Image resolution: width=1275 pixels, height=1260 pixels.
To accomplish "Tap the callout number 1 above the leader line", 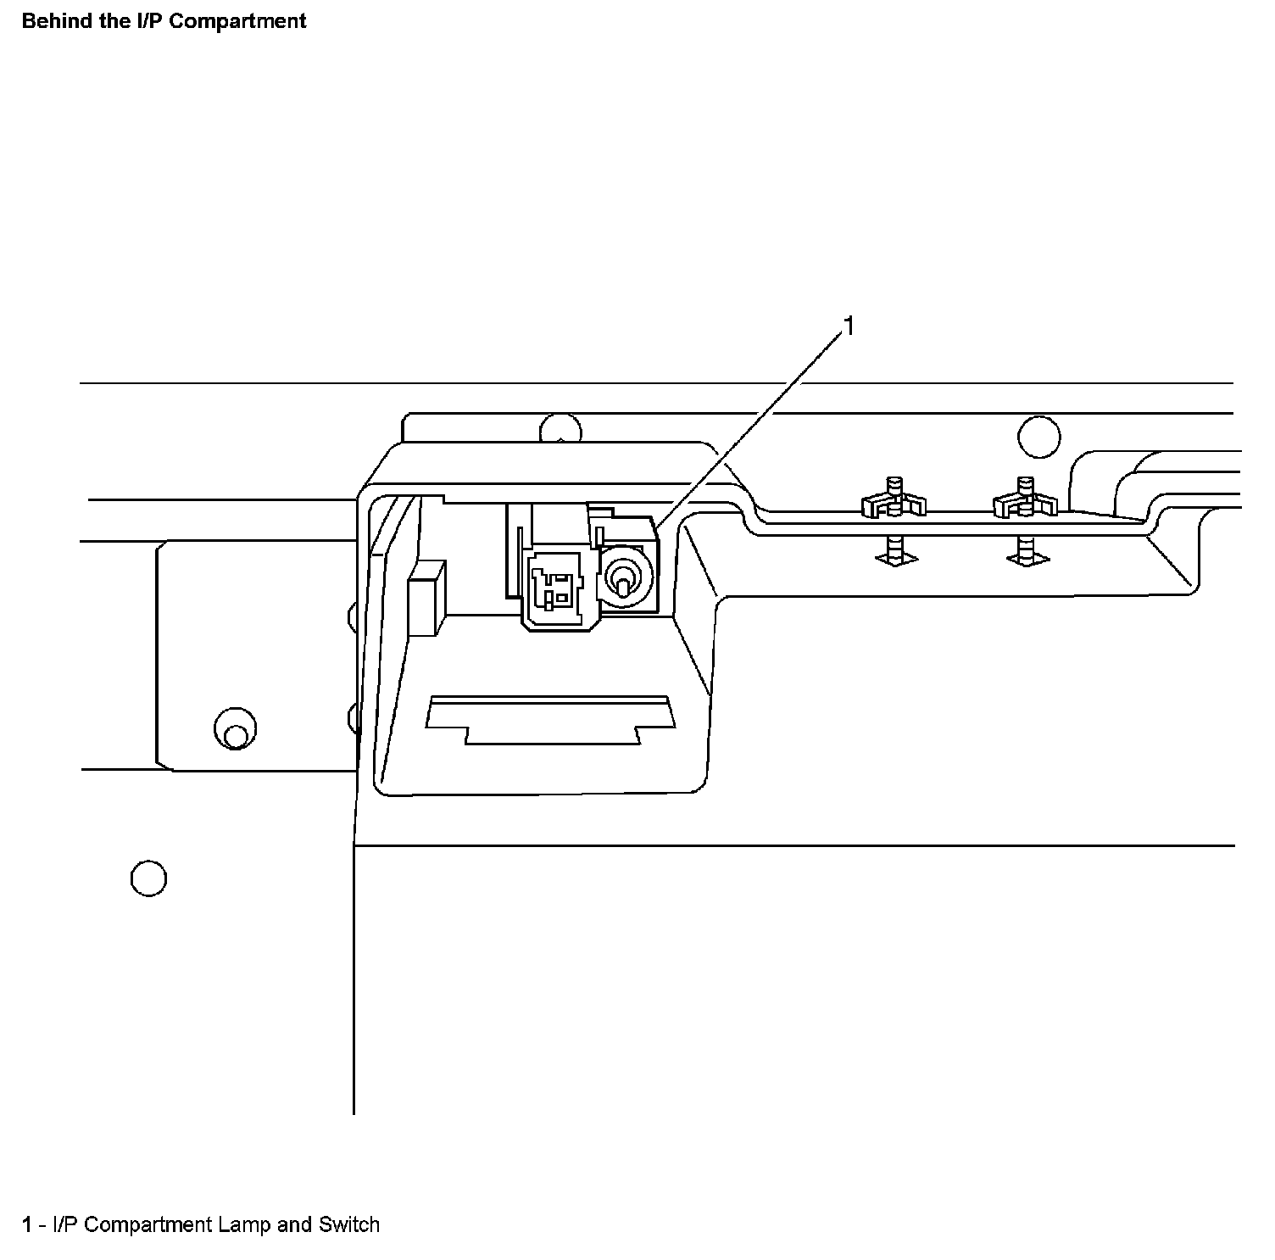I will coord(849,326).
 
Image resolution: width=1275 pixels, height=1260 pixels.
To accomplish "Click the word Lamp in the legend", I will coord(244,1224).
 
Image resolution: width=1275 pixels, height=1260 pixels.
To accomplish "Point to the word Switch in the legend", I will coord(349,1224).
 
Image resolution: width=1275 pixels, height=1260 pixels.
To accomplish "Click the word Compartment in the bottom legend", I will coord(148,1224).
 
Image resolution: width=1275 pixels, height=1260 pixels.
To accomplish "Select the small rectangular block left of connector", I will coord(427,598).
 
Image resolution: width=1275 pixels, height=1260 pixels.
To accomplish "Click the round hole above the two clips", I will coord(1038,438).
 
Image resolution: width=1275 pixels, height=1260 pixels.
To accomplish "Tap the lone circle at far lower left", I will coord(148,878).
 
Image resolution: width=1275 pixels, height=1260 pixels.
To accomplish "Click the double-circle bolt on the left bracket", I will coord(235,729).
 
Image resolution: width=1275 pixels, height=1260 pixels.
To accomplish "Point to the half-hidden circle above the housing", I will coord(561,429).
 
